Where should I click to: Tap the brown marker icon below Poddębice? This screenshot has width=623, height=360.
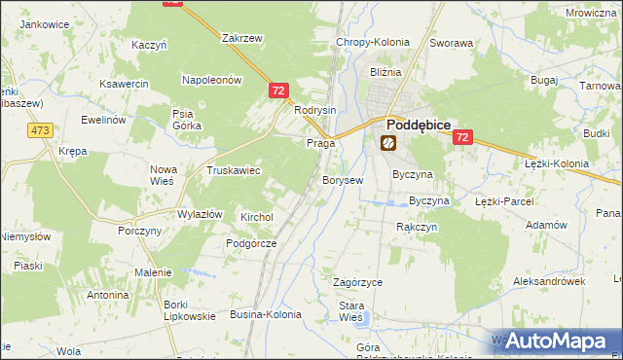(387, 143)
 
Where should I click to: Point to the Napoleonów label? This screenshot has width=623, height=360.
(211, 80)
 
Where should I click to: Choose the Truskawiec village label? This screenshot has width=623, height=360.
(233, 169)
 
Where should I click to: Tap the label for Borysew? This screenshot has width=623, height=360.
(343, 180)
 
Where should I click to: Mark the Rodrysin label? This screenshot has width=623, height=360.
(314, 110)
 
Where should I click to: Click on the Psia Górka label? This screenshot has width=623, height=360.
(185, 119)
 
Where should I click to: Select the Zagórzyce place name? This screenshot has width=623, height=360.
(357, 281)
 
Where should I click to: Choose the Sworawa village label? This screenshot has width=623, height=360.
(452, 44)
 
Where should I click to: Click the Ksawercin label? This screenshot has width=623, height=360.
(125, 84)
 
